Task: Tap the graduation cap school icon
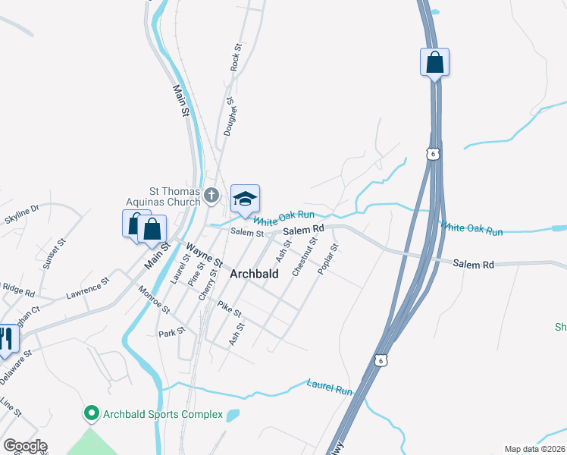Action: pyautogui.click(x=245, y=199)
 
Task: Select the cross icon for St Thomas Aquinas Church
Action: pyautogui.click(x=211, y=196)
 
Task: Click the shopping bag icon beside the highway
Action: pyautogui.click(x=434, y=62)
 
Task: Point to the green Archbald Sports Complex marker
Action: pyautogui.click(x=92, y=414)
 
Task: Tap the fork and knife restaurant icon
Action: pyautogui.click(x=6, y=339)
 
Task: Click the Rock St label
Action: pyautogui.click(x=237, y=58)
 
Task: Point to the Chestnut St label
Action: pyautogui.click(x=305, y=256)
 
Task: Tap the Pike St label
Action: pyautogui.click(x=229, y=309)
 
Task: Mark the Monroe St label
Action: pyautogui.click(x=154, y=298)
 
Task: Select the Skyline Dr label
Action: pyautogui.click(x=21, y=214)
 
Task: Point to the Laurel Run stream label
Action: pyautogui.click(x=330, y=387)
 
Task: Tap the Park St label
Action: pyautogui.click(x=171, y=333)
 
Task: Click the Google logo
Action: pyautogui.click(x=25, y=446)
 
